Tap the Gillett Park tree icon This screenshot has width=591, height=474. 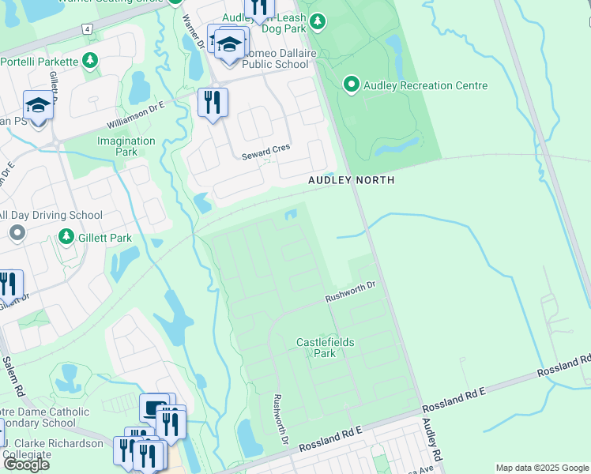point(66,237)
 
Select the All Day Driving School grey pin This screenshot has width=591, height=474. point(17,232)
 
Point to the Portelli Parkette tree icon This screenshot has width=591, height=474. point(91,60)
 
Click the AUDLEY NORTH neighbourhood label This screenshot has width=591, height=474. point(351,180)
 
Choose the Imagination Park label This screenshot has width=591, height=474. point(126,146)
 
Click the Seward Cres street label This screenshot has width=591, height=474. point(266,150)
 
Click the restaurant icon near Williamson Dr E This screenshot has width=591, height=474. point(212,102)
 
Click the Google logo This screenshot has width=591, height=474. point(25,464)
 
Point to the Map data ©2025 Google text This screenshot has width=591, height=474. point(542,468)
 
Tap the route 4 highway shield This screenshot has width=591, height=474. point(85,29)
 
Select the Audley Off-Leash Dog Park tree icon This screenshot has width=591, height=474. point(318,22)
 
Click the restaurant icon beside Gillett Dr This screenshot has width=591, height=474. point(8,284)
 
